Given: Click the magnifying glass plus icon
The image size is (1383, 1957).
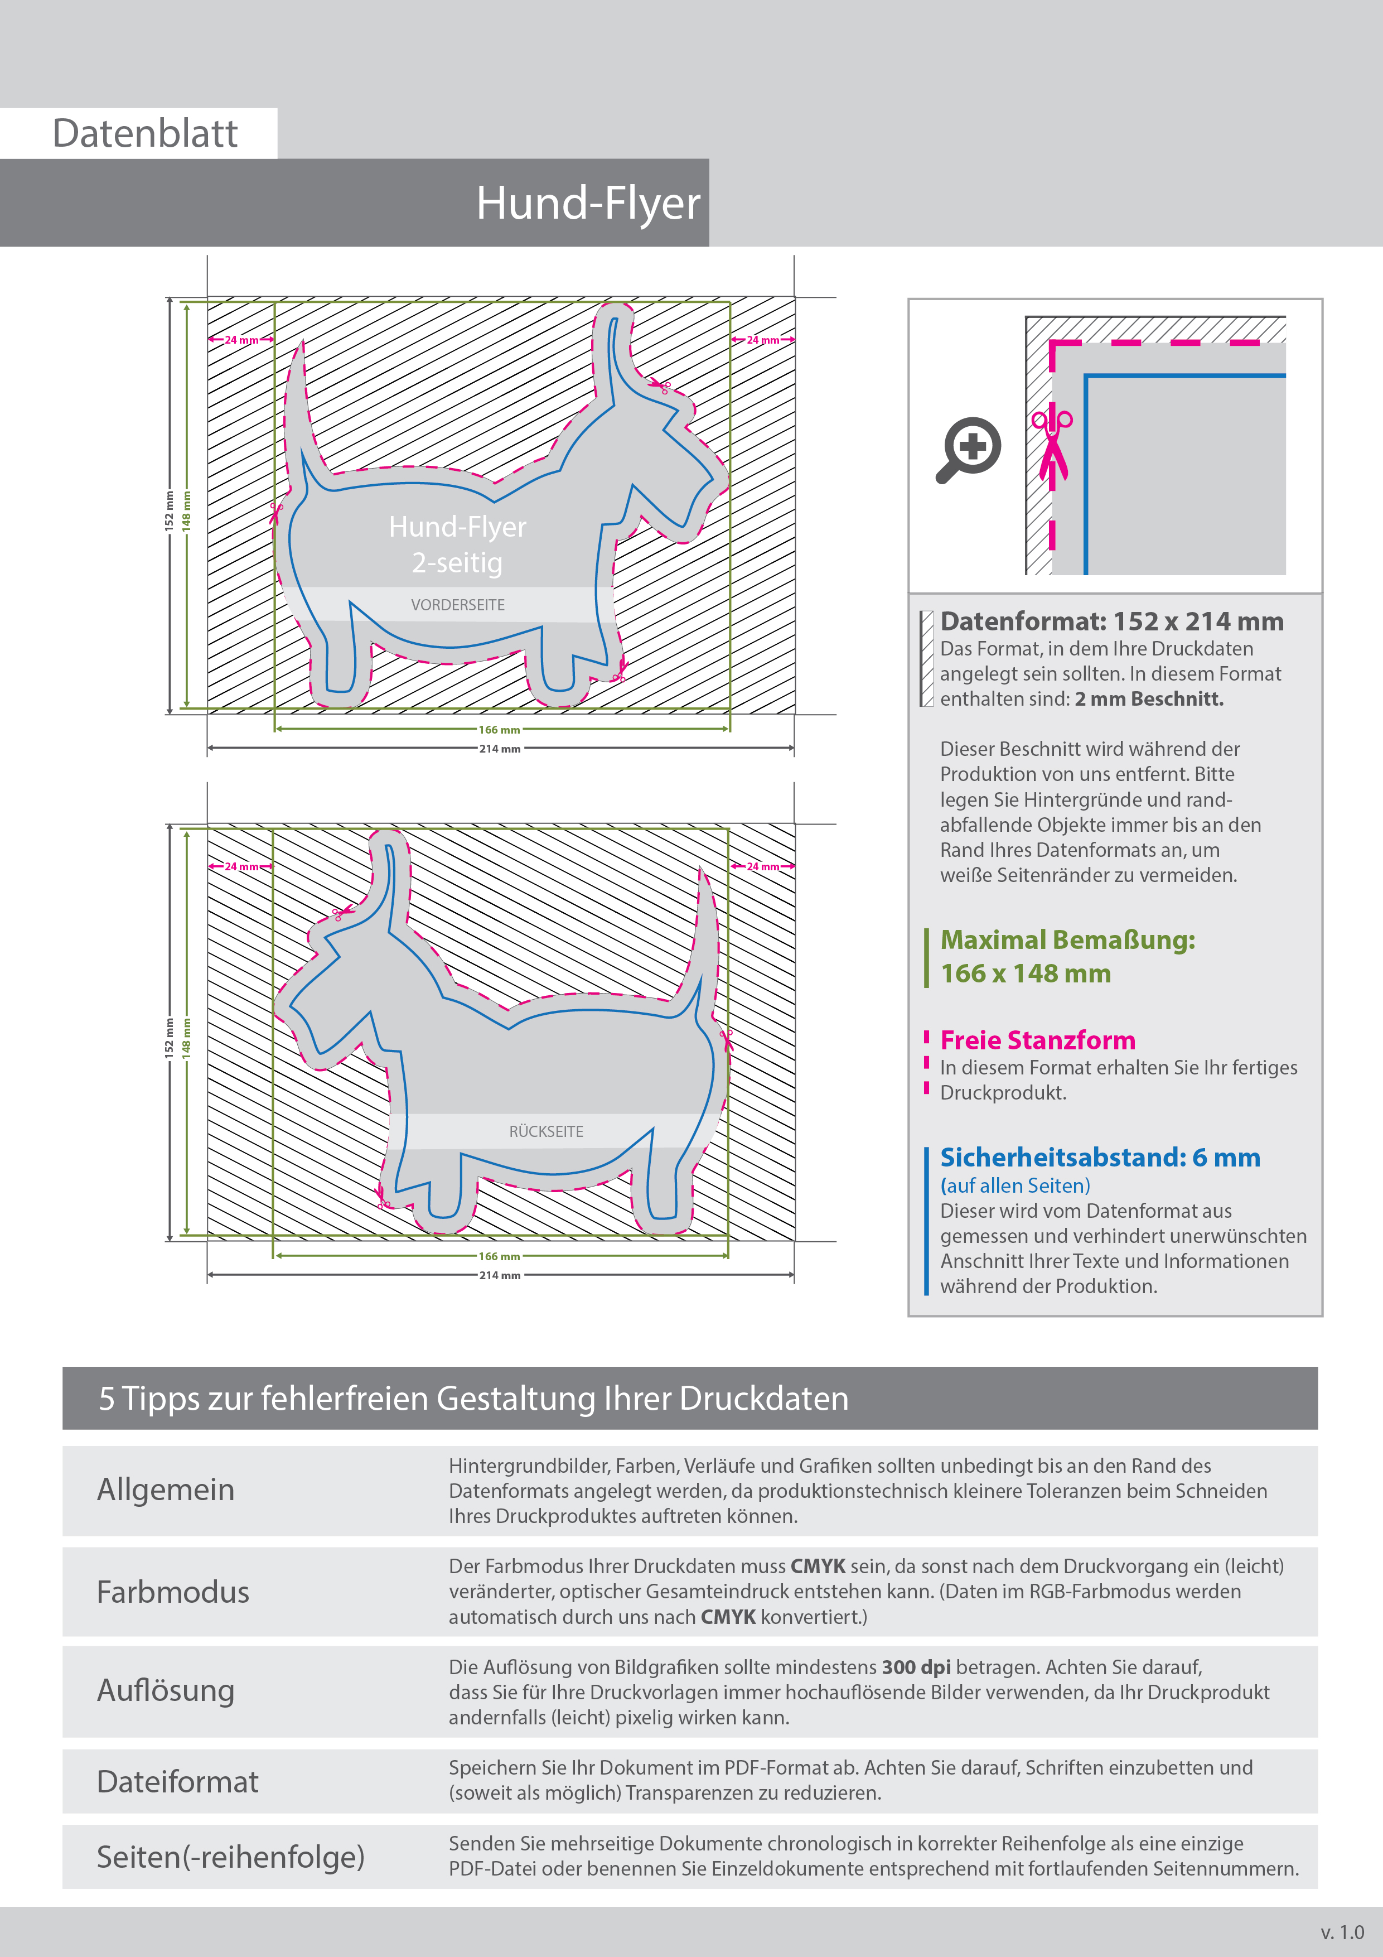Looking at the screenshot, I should click(969, 449).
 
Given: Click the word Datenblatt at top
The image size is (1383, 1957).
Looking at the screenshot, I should click(145, 134).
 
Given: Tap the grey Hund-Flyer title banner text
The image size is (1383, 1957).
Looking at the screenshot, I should click(588, 204).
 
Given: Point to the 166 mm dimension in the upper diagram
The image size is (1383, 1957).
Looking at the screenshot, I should click(499, 730).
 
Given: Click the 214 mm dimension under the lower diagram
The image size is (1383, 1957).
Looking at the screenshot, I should click(499, 1276).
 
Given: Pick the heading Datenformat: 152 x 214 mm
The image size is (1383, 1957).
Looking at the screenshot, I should click(1111, 621).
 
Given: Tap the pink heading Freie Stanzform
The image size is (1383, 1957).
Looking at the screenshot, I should click(1037, 1041).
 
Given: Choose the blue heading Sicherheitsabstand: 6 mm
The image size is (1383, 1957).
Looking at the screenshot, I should click(1099, 1158).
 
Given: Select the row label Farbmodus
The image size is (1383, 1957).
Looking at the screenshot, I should click(173, 1592).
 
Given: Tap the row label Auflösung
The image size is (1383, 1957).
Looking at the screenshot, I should click(165, 1690).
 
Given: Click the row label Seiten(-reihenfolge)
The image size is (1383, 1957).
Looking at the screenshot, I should click(230, 1857).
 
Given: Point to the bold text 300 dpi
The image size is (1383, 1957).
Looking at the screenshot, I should click(916, 1667).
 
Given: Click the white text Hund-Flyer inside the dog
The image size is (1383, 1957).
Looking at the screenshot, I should click(458, 527).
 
